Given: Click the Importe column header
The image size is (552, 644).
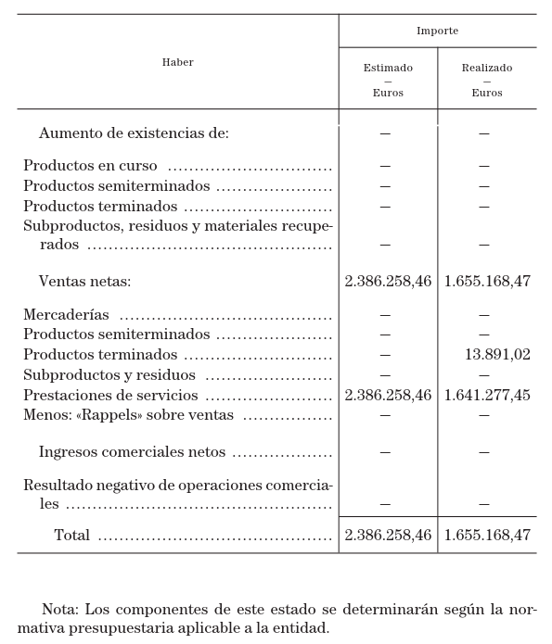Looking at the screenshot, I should tap(437, 31).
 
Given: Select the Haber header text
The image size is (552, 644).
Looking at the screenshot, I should tap(177, 62).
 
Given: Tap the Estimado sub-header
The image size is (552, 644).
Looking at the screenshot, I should tap(388, 68).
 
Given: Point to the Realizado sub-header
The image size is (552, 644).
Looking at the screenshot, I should tap(487, 68).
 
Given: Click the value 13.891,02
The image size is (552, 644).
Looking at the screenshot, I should tap(497, 355).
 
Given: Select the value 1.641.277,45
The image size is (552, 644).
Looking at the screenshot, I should tap(487, 396).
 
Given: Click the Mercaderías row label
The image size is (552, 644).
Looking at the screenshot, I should tap(66, 315).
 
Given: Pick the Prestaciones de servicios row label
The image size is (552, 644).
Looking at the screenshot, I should tap(110, 396).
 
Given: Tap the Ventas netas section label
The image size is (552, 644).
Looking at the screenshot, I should tap(84, 282).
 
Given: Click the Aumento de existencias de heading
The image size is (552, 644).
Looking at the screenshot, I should tap(134, 133).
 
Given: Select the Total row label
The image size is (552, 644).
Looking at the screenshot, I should tap(71, 536).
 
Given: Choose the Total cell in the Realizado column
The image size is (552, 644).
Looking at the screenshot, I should tap(487, 536).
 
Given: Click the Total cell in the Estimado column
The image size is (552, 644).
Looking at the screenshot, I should tap(388, 536).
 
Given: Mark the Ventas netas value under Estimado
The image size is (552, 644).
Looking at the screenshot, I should tap(388, 282).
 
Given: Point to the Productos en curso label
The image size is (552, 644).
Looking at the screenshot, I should tap(90, 166).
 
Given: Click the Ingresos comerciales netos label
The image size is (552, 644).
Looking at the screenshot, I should tap(132, 452).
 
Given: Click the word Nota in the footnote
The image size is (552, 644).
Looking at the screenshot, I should tap(60, 610).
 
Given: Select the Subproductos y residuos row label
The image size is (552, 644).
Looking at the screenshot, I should tap(109, 375).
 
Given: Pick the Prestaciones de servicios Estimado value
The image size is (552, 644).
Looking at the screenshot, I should tap(388, 396).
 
